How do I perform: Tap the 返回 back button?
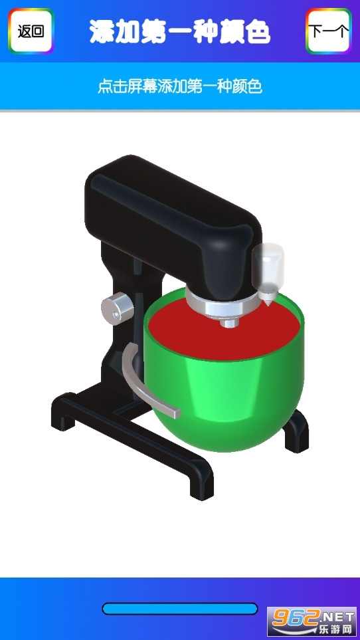(31, 31)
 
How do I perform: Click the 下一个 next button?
(329, 31)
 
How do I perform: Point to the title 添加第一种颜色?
(180, 31)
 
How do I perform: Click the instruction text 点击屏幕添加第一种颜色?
(180, 86)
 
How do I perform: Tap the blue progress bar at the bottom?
(180, 609)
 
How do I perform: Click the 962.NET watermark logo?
(313, 622)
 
